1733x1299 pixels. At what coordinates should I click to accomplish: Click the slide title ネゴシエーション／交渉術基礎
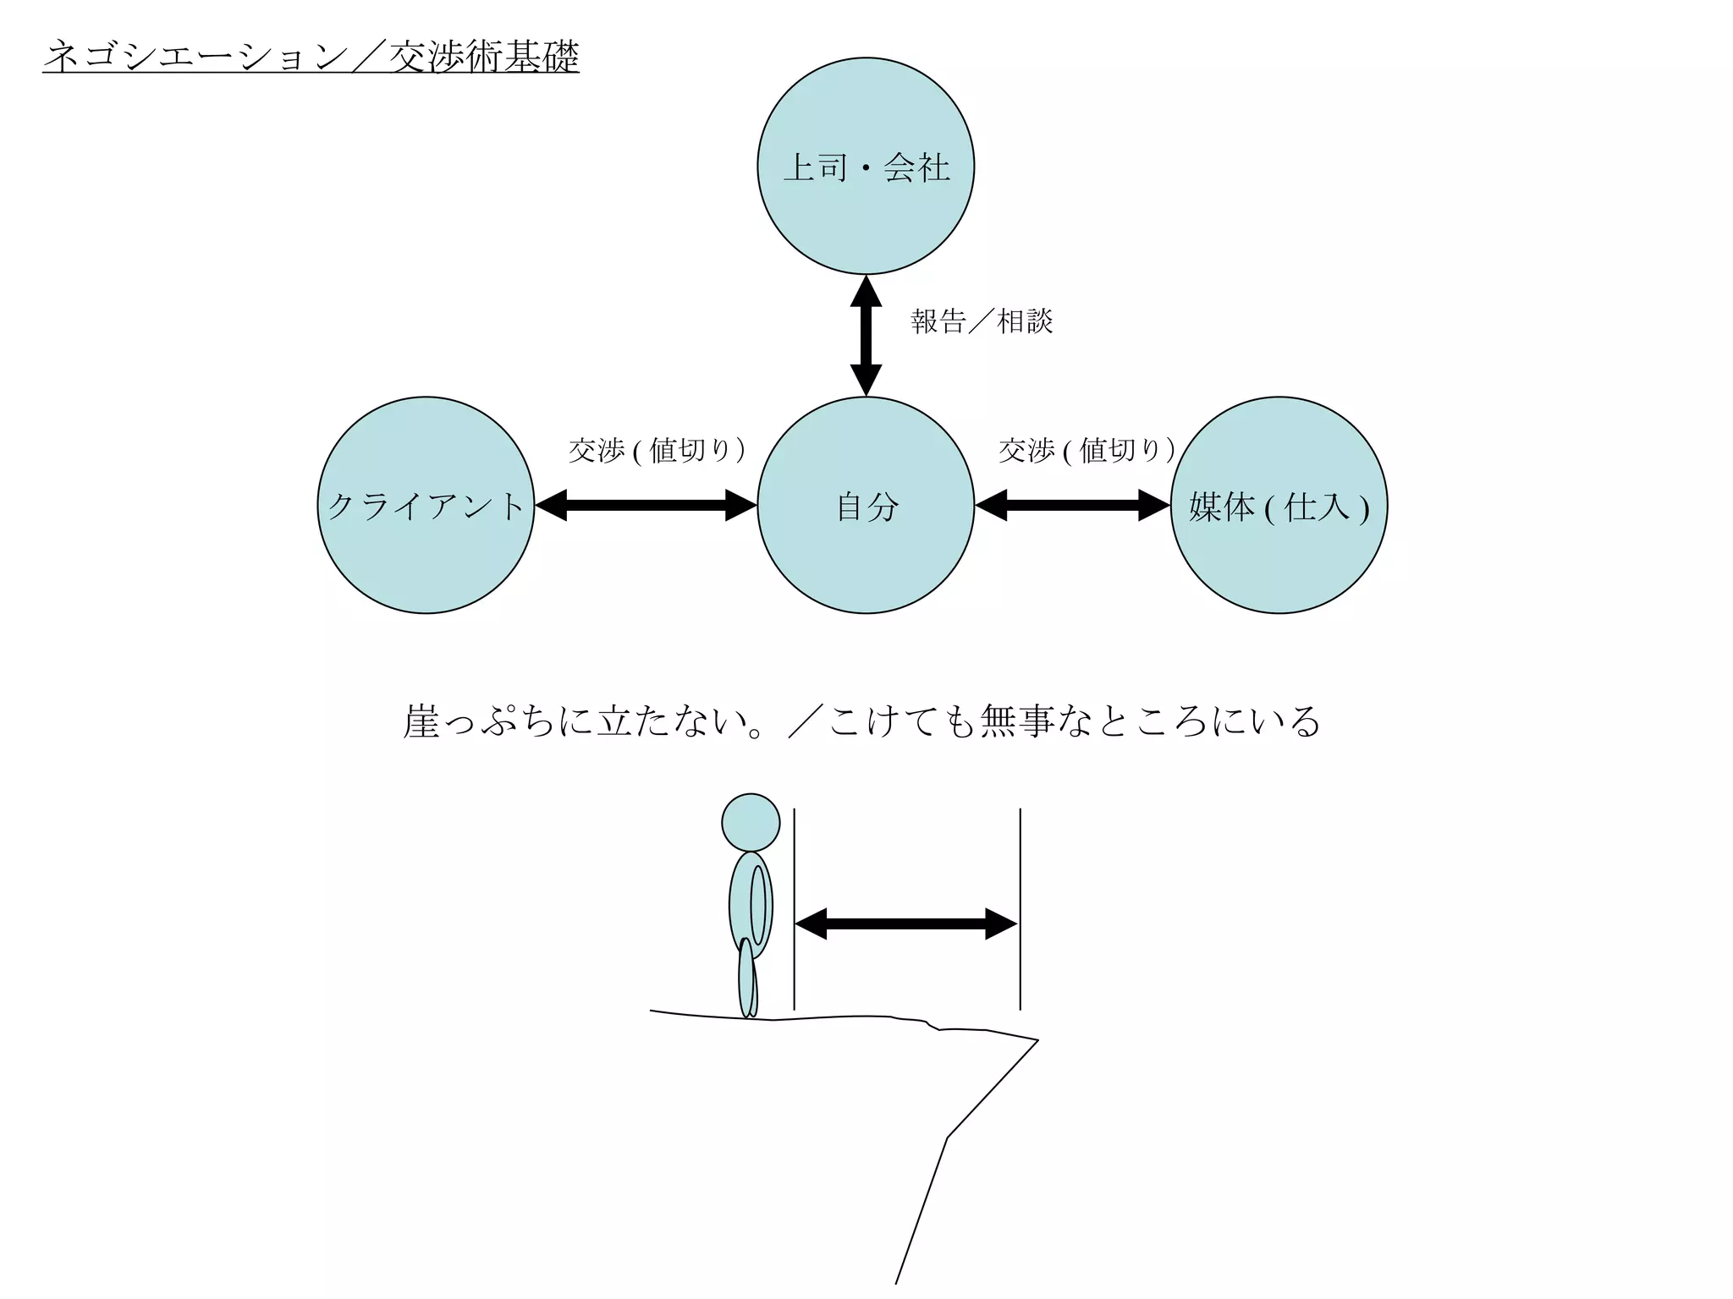(x=311, y=57)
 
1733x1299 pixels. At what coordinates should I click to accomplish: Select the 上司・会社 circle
(x=865, y=166)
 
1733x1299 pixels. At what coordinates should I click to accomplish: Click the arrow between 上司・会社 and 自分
(x=866, y=336)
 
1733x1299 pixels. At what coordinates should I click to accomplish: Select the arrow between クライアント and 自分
(x=646, y=506)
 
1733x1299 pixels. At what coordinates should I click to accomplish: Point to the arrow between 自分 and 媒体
(x=1072, y=506)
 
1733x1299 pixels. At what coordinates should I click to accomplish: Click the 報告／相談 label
(x=982, y=321)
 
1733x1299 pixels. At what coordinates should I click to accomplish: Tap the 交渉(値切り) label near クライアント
(x=657, y=450)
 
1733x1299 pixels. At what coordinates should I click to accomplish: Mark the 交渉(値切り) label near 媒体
(x=1087, y=450)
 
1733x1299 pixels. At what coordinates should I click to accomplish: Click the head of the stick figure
(x=751, y=822)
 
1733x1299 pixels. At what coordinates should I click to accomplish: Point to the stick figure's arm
(x=758, y=905)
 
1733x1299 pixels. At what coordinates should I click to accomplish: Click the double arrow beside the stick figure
(x=906, y=924)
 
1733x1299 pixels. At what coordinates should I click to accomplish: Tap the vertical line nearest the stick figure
(x=794, y=909)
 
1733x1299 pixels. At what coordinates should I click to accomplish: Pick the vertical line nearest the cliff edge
(x=1020, y=909)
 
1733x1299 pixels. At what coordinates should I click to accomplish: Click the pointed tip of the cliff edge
(x=1037, y=1040)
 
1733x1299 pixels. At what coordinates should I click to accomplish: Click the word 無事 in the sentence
(x=1017, y=721)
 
